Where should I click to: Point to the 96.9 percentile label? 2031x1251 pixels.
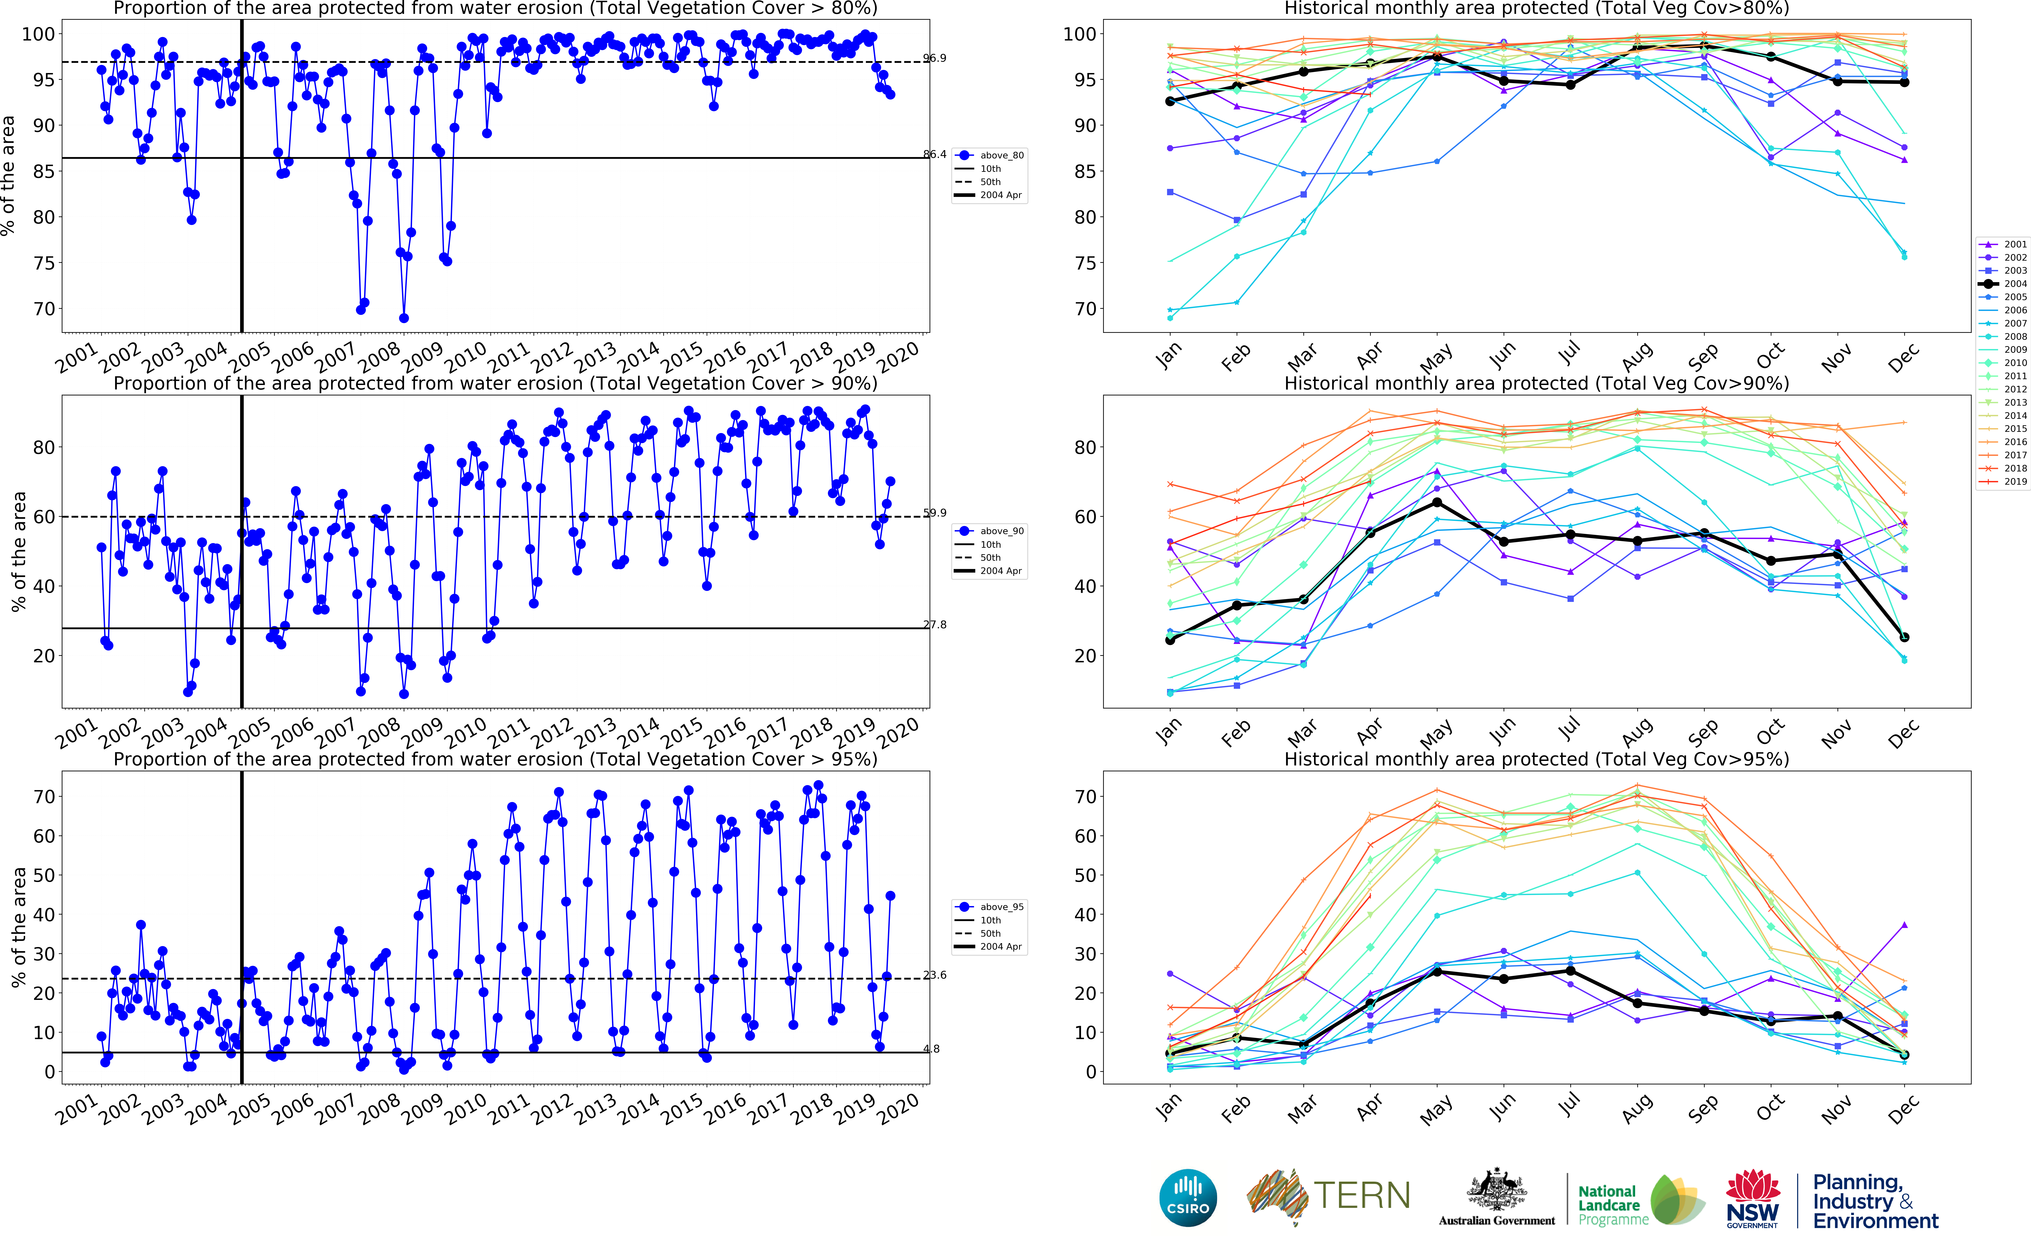(x=935, y=58)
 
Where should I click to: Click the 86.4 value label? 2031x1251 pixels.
(x=935, y=154)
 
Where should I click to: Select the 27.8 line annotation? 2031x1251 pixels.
(x=935, y=625)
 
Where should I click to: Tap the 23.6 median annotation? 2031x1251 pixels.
(x=935, y=975)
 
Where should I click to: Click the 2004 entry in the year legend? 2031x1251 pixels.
(x=2015, y=284)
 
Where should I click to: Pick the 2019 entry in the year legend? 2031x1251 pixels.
(x=2015, y=482)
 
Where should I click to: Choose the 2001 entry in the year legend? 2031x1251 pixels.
(x=2015, y=244)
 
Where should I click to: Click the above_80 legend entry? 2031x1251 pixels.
(x=1001, y=155)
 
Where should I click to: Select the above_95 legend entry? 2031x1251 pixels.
(x=1001, y=907)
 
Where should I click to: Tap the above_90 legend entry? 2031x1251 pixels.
(x=1001, y=531)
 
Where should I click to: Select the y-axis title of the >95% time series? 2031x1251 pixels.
(x=18, y=927)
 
